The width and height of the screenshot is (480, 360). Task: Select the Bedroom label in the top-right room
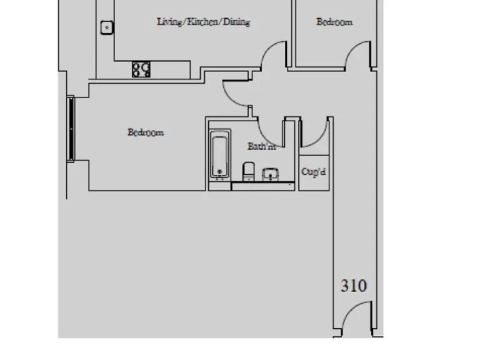[334, 22]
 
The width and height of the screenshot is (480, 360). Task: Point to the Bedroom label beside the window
[146, 132]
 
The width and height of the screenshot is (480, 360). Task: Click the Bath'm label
[261, 147]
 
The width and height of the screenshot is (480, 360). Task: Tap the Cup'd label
[314, 171]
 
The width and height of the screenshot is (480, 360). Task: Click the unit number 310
[354, 286]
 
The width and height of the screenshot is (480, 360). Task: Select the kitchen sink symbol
[107, 27]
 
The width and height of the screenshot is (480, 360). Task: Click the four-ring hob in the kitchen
[141, 69]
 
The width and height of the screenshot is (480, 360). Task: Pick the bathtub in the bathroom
[220, 154]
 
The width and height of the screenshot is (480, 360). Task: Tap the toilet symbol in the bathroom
[248, 170]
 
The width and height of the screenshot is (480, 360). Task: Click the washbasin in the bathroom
[270, 172]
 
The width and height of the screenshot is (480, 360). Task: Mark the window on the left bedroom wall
[71, 129]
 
